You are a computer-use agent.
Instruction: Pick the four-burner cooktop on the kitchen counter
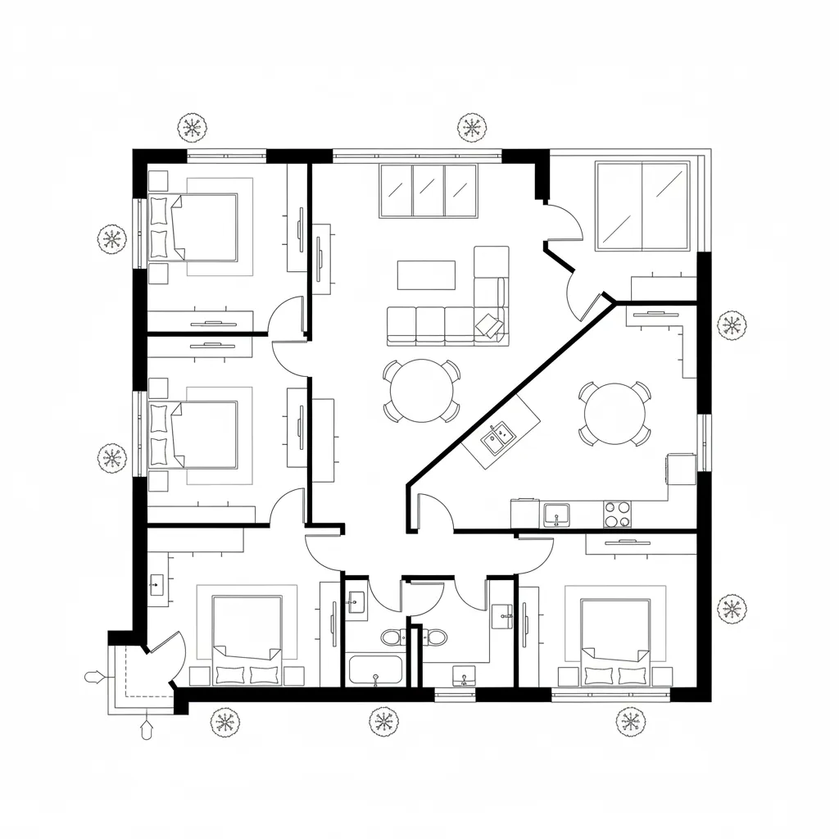click(618, 514)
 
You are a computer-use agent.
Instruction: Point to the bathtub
click(375, 669)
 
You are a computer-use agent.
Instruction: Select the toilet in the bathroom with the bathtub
click(391, 637)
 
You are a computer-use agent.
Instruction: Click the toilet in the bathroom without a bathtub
click(435, 636)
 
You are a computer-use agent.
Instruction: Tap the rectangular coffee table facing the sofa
click(426, 274)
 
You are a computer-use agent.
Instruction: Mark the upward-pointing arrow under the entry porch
click(147, 728)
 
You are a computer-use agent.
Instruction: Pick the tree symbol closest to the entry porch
click(224, 722)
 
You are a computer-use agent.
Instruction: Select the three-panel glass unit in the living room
click(429, 191)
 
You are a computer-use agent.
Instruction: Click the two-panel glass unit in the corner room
click(642, 205)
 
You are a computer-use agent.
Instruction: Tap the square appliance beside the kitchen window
click(681, 469)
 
